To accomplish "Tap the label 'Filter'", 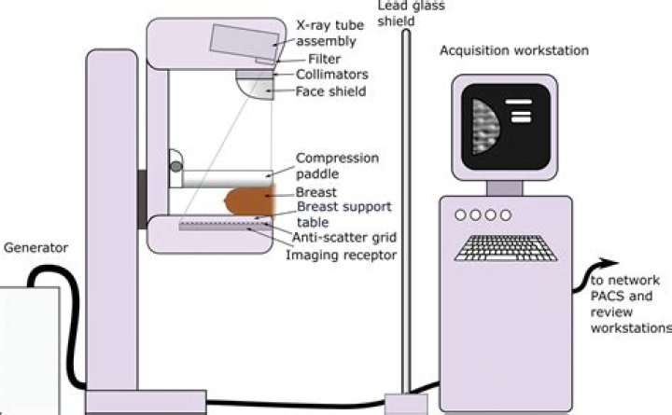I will coord(312,59).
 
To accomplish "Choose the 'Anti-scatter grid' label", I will coord(333,237).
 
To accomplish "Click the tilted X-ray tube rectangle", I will coord(245,39).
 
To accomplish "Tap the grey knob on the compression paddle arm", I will coord(176,167).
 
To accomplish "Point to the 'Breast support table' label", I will coord(343,213).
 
